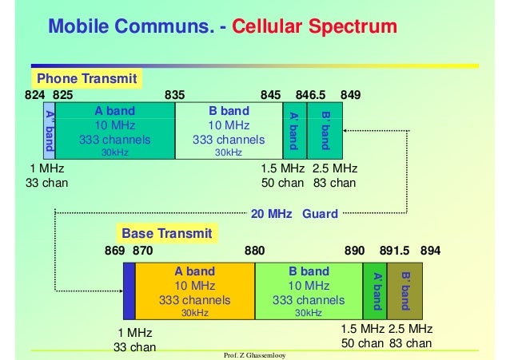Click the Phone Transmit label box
tap(87, 78)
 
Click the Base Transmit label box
tap(166, 233)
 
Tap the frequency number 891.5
tap(395, 250)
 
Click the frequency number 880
tap(254, 250)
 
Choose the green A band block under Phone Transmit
tap(115, 131)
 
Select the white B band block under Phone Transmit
tap(229, 131)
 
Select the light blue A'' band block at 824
tap(49, 131)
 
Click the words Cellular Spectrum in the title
tap(315, 27)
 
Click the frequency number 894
tap(430, 250)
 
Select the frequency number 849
tap(350, 94)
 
